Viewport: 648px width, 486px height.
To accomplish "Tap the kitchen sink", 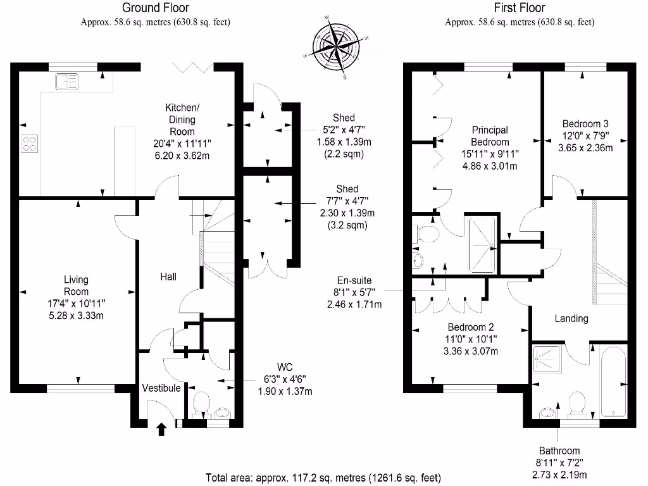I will coord(66,81).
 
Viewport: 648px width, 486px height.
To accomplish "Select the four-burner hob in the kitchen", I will coord(30,144).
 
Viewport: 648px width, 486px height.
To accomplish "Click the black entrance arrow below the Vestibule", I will coord(161,430).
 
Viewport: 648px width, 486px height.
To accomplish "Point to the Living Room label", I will coord(76,285).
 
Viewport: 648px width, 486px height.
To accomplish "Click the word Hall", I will coord(168,277).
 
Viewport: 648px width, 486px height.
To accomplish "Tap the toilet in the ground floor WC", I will coord(201,404).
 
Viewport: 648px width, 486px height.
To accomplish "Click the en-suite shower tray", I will coord(482,244).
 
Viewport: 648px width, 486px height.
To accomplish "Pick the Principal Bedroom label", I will coord(490,135).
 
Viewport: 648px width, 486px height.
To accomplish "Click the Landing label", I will coord(571,318).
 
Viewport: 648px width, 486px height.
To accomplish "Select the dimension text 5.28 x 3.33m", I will coord(76,315).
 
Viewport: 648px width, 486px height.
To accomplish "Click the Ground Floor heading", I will coord(155,8).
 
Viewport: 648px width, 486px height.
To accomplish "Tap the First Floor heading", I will coord(519,8).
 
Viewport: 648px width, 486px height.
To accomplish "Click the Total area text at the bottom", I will coord(323,477).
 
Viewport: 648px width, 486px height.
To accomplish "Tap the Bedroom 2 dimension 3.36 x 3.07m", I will coord(471,351).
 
